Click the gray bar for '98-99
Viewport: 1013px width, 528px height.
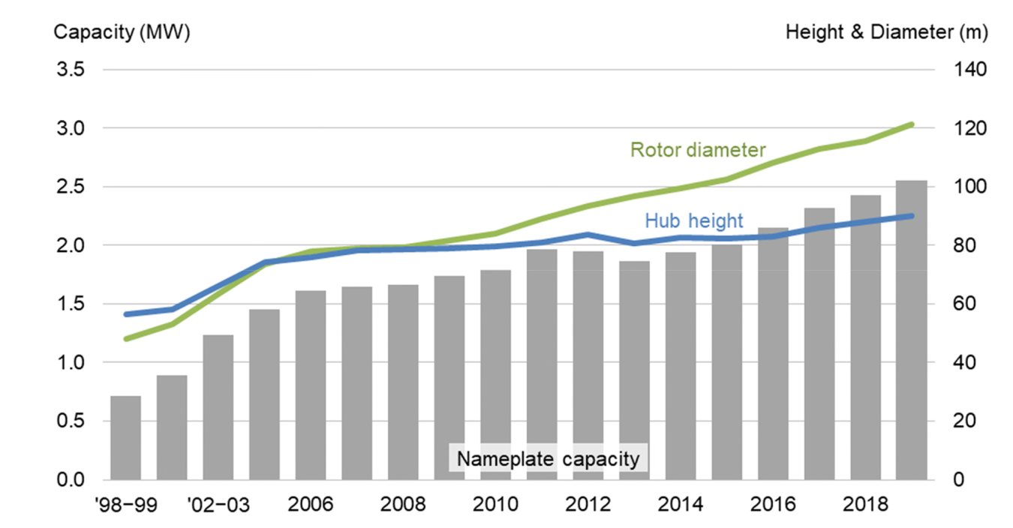pyautogui.click(x=125, y=437)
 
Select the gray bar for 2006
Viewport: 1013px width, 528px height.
pyautogui.click(x=311, y=385)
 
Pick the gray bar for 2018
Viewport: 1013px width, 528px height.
pyautogui.click(x=865, y=337)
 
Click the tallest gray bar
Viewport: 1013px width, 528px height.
pyautogui.click(x=911, y=330)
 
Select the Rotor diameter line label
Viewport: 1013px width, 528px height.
pyautogui.click(x=687, y=150)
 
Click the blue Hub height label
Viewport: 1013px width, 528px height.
pyautogui.click(x=693, y=220)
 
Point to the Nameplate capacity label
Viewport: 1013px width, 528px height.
pyautogui.click(x=548, y=458)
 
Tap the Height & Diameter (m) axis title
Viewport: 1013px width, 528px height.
pyautogui.click(x=886, y=32)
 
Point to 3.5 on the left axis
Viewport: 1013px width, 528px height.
pyautogui.click(x=68, y=70)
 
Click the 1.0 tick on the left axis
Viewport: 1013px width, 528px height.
pyautogui.click(x=68, y=362)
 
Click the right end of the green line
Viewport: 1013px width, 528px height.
pyautogui.click(x=911, y=124)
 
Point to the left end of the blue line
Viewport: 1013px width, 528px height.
pyautogui.click(x=126, y=314)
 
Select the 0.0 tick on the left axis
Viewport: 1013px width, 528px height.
pyautogui.click(x=68, y=480)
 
